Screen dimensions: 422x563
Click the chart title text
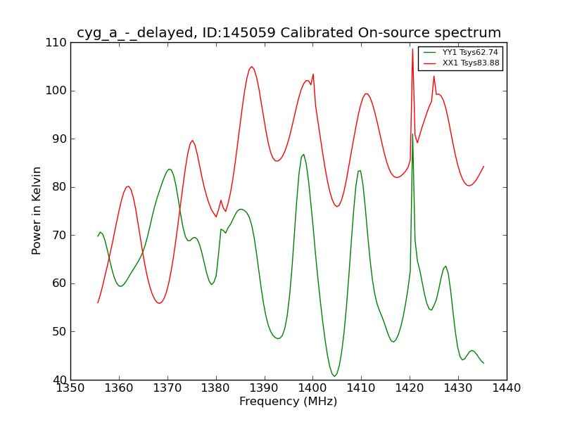(x=289, y=33)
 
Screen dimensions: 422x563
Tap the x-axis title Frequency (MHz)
(x=288, y=402)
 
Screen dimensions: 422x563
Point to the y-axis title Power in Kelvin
(x=37, y=210)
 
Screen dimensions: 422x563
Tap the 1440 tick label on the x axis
(x=506, y=388)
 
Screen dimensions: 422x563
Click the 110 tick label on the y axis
(x=56, y=42)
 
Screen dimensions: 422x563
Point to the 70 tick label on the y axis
(x=59, y=235)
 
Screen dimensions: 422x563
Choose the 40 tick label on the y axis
(x=59, y=380)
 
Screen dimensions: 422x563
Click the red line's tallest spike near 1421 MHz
(x=412, y=49)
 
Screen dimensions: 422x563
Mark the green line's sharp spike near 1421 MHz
(x=412, y=134)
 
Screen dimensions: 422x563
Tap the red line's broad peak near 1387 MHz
(x=251, y=67)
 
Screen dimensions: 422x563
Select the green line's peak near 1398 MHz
(x=303, y=154)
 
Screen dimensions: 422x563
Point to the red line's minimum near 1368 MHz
(x=159, y=303)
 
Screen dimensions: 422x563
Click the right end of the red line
(x=483, y=166)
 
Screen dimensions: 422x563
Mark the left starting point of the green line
(x=98, y=236)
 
